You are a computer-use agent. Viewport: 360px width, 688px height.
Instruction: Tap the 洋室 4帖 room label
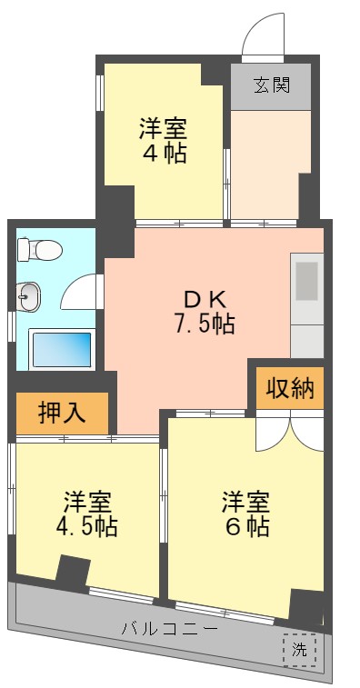[x=163, y=140]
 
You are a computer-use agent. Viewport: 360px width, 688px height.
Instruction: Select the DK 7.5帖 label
[x=205, y=311]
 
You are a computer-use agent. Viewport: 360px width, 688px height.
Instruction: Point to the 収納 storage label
[x=289, y=388]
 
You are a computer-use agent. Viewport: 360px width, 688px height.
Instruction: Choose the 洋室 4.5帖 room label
[x=88, y=514]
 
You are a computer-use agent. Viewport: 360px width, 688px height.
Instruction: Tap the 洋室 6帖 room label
[x=245, y=514]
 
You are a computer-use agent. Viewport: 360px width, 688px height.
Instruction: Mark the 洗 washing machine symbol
[x=299, y=649]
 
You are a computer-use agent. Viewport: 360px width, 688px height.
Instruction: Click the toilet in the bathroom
[x=38, y=248]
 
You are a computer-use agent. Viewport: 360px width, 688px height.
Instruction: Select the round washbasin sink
[x=28, y=294]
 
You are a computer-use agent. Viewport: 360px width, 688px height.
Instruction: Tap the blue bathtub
[x=62, y=348]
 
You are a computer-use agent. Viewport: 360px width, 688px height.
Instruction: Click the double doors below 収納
[x=289, y=432]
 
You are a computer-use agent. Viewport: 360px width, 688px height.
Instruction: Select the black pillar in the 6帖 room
[x=306, y=604]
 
